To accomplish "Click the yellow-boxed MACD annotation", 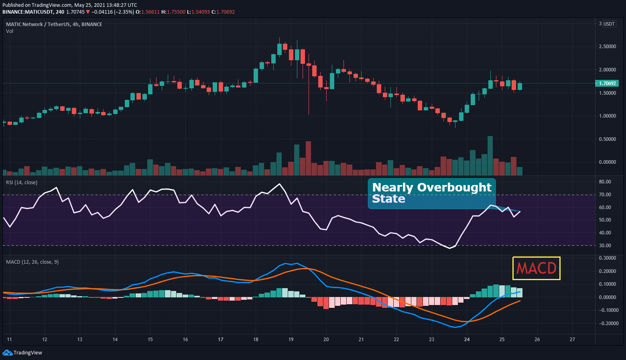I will tap(537, 268).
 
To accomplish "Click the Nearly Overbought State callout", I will tap(432, 193).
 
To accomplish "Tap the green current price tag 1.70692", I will tap(607, 83).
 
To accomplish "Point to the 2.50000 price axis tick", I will tap(607, 47).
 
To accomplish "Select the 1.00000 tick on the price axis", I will tap(607, 116).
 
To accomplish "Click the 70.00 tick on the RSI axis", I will tap(605, 195).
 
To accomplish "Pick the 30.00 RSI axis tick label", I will tap(605, 246).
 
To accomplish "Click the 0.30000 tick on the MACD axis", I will tap(607, 258).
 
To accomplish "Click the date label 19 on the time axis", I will tap(291, 340).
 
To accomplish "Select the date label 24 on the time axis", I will tap(467, 340).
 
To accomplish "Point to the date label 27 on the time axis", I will tap(572, 340).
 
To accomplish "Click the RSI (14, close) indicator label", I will tap(22, 183).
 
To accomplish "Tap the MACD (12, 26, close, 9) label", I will tap(32, 262).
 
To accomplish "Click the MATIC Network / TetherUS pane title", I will tap(54, 24).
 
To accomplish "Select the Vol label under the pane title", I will tap(10, 31).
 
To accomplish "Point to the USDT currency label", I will tap(609, 24).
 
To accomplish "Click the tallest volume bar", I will tap(490, 156).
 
